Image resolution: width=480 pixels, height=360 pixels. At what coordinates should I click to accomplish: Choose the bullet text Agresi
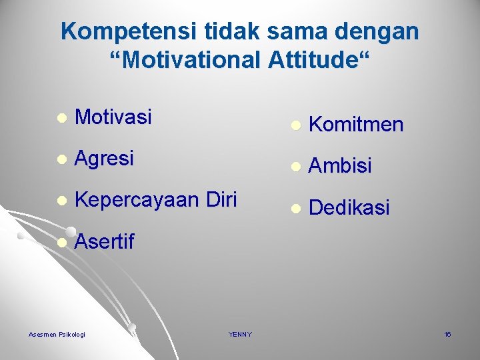105,158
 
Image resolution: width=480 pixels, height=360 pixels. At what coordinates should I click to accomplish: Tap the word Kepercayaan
137,200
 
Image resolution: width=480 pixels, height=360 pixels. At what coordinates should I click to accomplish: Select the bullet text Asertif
105,242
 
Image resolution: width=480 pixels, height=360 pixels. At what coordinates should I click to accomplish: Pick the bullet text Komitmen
356,124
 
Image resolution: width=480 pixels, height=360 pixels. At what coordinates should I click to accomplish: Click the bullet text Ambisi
341,166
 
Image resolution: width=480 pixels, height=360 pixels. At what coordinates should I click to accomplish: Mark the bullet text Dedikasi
349,207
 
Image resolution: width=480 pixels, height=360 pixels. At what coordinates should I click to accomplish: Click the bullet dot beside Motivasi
61,118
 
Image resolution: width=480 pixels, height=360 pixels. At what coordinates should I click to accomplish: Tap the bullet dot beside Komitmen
295,125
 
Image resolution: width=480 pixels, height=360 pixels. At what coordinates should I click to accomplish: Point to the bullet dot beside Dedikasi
295,209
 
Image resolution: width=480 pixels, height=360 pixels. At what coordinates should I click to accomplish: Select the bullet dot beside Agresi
61,159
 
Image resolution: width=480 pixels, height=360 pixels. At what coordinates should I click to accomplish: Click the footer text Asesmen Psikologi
57,334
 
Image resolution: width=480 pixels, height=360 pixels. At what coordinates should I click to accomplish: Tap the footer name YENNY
240,334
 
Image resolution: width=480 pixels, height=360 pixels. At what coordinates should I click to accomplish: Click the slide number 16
447,334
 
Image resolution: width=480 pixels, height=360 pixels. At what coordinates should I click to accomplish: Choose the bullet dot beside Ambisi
295,167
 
